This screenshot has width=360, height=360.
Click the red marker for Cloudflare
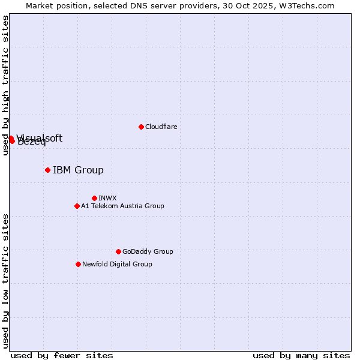tap(141, 127)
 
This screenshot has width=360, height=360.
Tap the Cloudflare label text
tap(161, 127)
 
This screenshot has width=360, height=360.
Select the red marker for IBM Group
tap(47, 170)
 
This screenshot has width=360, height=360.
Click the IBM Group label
tap(78, 170)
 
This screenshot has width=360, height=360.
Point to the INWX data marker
tap(94, 198)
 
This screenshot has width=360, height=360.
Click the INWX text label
tap(107, 198)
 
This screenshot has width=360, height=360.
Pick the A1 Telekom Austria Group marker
tap(77, 206)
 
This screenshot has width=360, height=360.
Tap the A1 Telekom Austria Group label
tap(122, 206)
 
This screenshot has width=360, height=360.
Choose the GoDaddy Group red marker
tap(118, 251)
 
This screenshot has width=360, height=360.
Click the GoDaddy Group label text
tap(147, 251)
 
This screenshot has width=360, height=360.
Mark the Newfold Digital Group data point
tap(78, 264)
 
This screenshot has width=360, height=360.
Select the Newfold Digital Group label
tap(117, 264)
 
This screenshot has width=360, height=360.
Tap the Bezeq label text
tap(32, 143)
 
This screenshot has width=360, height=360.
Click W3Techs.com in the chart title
tap(309, 5)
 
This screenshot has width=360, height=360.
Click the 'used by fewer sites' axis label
tap(62, 355)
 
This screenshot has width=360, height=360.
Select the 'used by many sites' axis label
tap(301, 355)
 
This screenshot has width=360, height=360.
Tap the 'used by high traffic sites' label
tap(5, 85)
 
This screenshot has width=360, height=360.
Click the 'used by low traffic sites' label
tap(5, 280)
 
